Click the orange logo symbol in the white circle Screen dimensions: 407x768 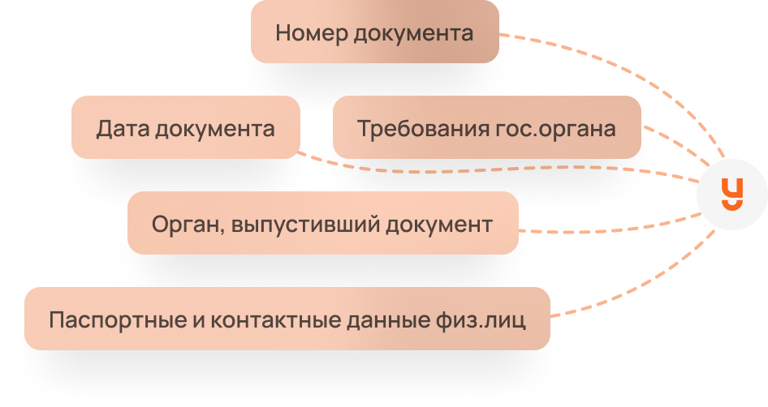click(x=732, y=193)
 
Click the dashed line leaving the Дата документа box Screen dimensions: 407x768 click(x=487, y=169)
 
